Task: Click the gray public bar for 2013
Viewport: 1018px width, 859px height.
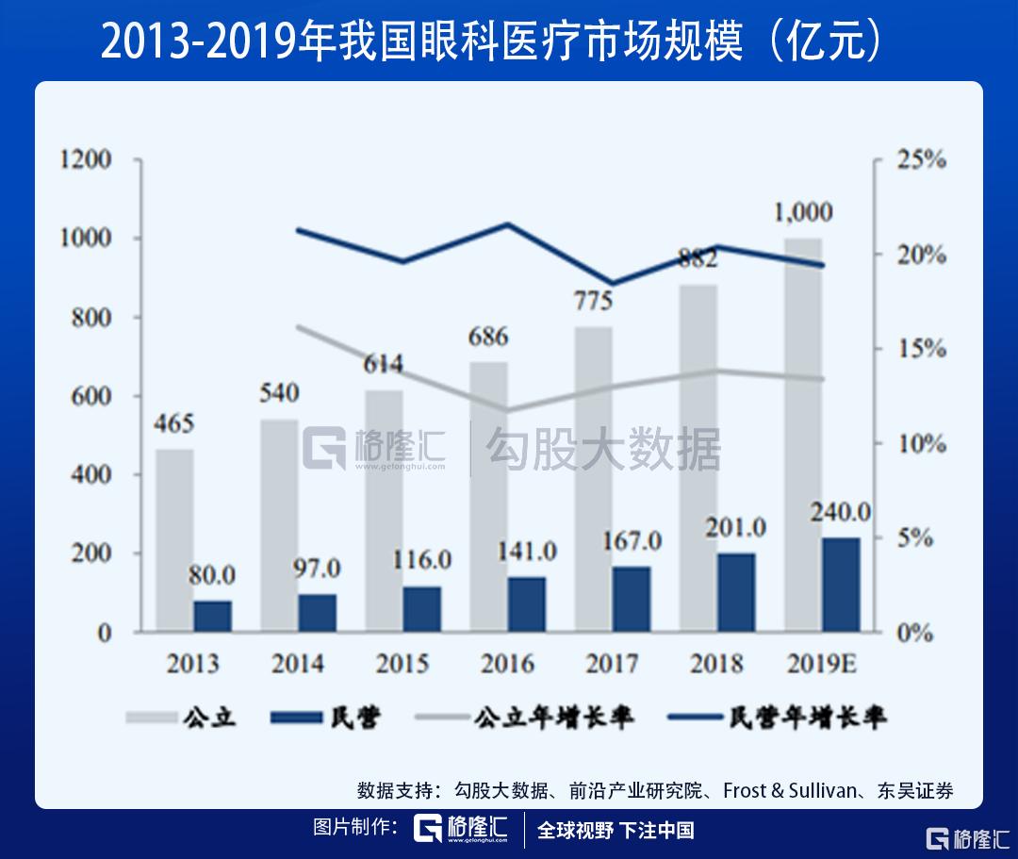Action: click(174, 539)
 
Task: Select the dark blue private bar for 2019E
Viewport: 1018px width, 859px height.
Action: click(841, 585)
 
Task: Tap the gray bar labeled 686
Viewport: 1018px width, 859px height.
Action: click(488, 497)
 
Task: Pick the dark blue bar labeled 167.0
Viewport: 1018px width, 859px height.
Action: click(632, 599)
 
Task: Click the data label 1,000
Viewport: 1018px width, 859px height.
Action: click(803, 213)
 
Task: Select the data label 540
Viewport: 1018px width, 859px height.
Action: click(278, 392)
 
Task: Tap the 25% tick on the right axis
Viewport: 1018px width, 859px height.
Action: click(920, 160)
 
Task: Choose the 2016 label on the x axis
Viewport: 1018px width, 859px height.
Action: click(507, 664)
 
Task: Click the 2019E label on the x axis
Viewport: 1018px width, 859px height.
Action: click(820, 664)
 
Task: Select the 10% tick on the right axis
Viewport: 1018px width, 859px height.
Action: click(920, 444)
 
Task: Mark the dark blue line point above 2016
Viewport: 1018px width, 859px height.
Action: click(508, 224)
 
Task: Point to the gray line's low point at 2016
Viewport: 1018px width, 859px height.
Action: click(508, 410)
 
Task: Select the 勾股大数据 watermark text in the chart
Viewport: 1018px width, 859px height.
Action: click(602, 449)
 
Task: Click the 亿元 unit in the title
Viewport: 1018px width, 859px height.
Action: click(825, 41)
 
